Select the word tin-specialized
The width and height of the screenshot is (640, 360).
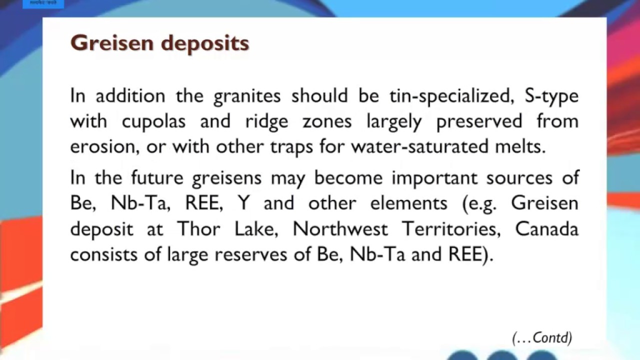[452, 95]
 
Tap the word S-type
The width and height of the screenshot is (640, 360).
[551, 96]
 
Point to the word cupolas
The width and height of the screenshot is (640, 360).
[153, 121]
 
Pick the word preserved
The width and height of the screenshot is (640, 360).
[479, 121]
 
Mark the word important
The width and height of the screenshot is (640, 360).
[427, 178]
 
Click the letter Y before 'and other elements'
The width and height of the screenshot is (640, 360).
[243, 203]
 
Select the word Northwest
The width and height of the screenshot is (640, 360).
[340, 229]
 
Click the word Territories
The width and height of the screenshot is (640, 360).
[450, 229]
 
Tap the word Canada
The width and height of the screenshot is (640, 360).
[546, 229]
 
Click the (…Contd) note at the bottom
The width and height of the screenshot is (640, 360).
[542, 338]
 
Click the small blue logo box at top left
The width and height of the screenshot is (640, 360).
[43, 3]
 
